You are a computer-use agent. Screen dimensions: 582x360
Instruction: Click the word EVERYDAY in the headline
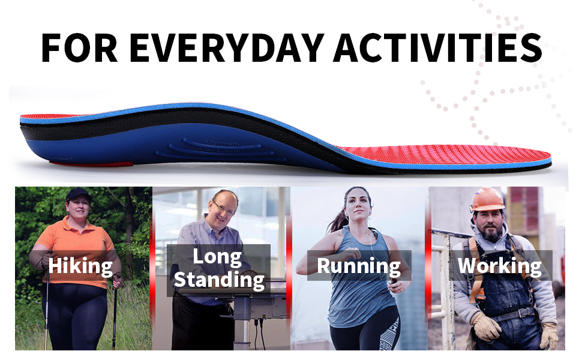click(227, 48)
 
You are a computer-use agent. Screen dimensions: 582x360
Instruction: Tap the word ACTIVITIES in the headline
click(438, 48)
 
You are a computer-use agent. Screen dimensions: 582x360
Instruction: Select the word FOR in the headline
click(79, 48)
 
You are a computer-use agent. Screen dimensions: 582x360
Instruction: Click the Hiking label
click(80, 266)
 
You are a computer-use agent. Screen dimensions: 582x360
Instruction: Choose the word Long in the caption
click(217, 256)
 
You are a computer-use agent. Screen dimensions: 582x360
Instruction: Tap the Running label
click(359, 266)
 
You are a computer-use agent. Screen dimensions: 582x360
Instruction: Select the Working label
click(500, 266)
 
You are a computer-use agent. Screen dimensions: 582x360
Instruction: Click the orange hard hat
click(487, 199)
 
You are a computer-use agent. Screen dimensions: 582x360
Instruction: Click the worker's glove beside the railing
click(485, 326)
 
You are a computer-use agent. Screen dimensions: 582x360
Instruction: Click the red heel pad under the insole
click(91, 164)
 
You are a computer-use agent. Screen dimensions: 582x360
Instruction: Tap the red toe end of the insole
click(535, 156)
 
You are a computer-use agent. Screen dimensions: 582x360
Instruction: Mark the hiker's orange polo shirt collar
click(76, 223)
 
